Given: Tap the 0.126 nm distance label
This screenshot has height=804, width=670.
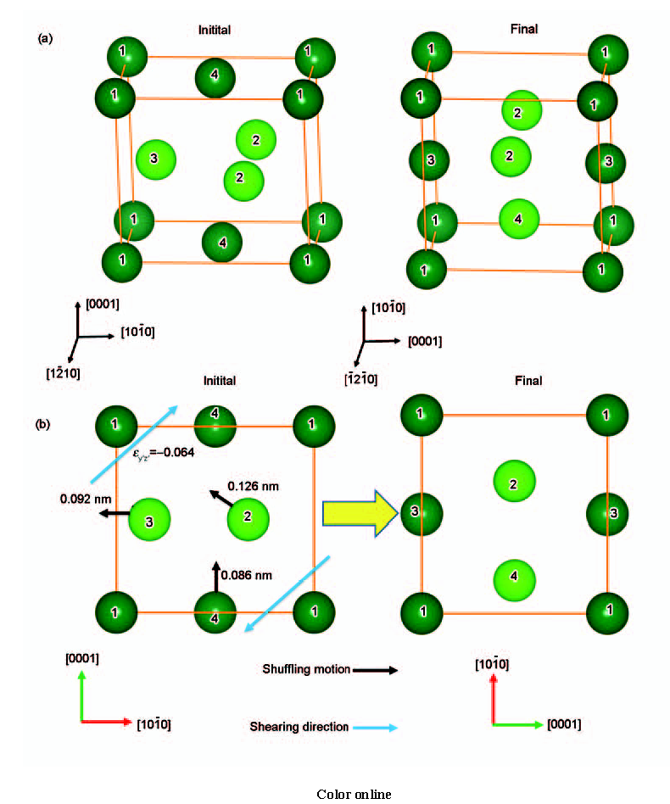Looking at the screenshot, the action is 254,486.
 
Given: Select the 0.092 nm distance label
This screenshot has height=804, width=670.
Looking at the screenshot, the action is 86,499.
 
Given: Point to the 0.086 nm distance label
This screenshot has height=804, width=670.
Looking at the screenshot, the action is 247,575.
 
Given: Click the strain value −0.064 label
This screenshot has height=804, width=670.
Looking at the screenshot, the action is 164,453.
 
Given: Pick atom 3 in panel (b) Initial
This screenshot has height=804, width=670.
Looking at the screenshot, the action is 149,520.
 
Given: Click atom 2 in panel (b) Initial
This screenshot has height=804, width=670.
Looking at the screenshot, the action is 248,519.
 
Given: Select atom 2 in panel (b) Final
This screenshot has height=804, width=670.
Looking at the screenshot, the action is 514,482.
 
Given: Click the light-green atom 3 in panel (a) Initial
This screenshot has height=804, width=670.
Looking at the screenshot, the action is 156,159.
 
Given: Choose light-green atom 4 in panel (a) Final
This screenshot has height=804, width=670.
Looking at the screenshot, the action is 519,220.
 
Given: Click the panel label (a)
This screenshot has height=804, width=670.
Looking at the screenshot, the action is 45,38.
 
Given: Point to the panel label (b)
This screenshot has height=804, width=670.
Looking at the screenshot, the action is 43,425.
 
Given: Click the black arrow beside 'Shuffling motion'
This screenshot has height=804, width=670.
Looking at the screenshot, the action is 375,670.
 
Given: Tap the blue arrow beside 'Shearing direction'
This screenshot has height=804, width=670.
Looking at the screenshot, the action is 375,728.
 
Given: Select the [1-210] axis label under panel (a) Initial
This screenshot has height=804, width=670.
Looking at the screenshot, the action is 63,373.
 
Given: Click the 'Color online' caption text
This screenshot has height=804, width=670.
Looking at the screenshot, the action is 354,795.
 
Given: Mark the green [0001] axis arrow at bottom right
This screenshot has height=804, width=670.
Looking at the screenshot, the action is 518,724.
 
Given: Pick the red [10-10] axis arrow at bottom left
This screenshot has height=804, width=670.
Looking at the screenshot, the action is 107,722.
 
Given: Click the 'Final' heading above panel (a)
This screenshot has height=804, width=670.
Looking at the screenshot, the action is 524,29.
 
